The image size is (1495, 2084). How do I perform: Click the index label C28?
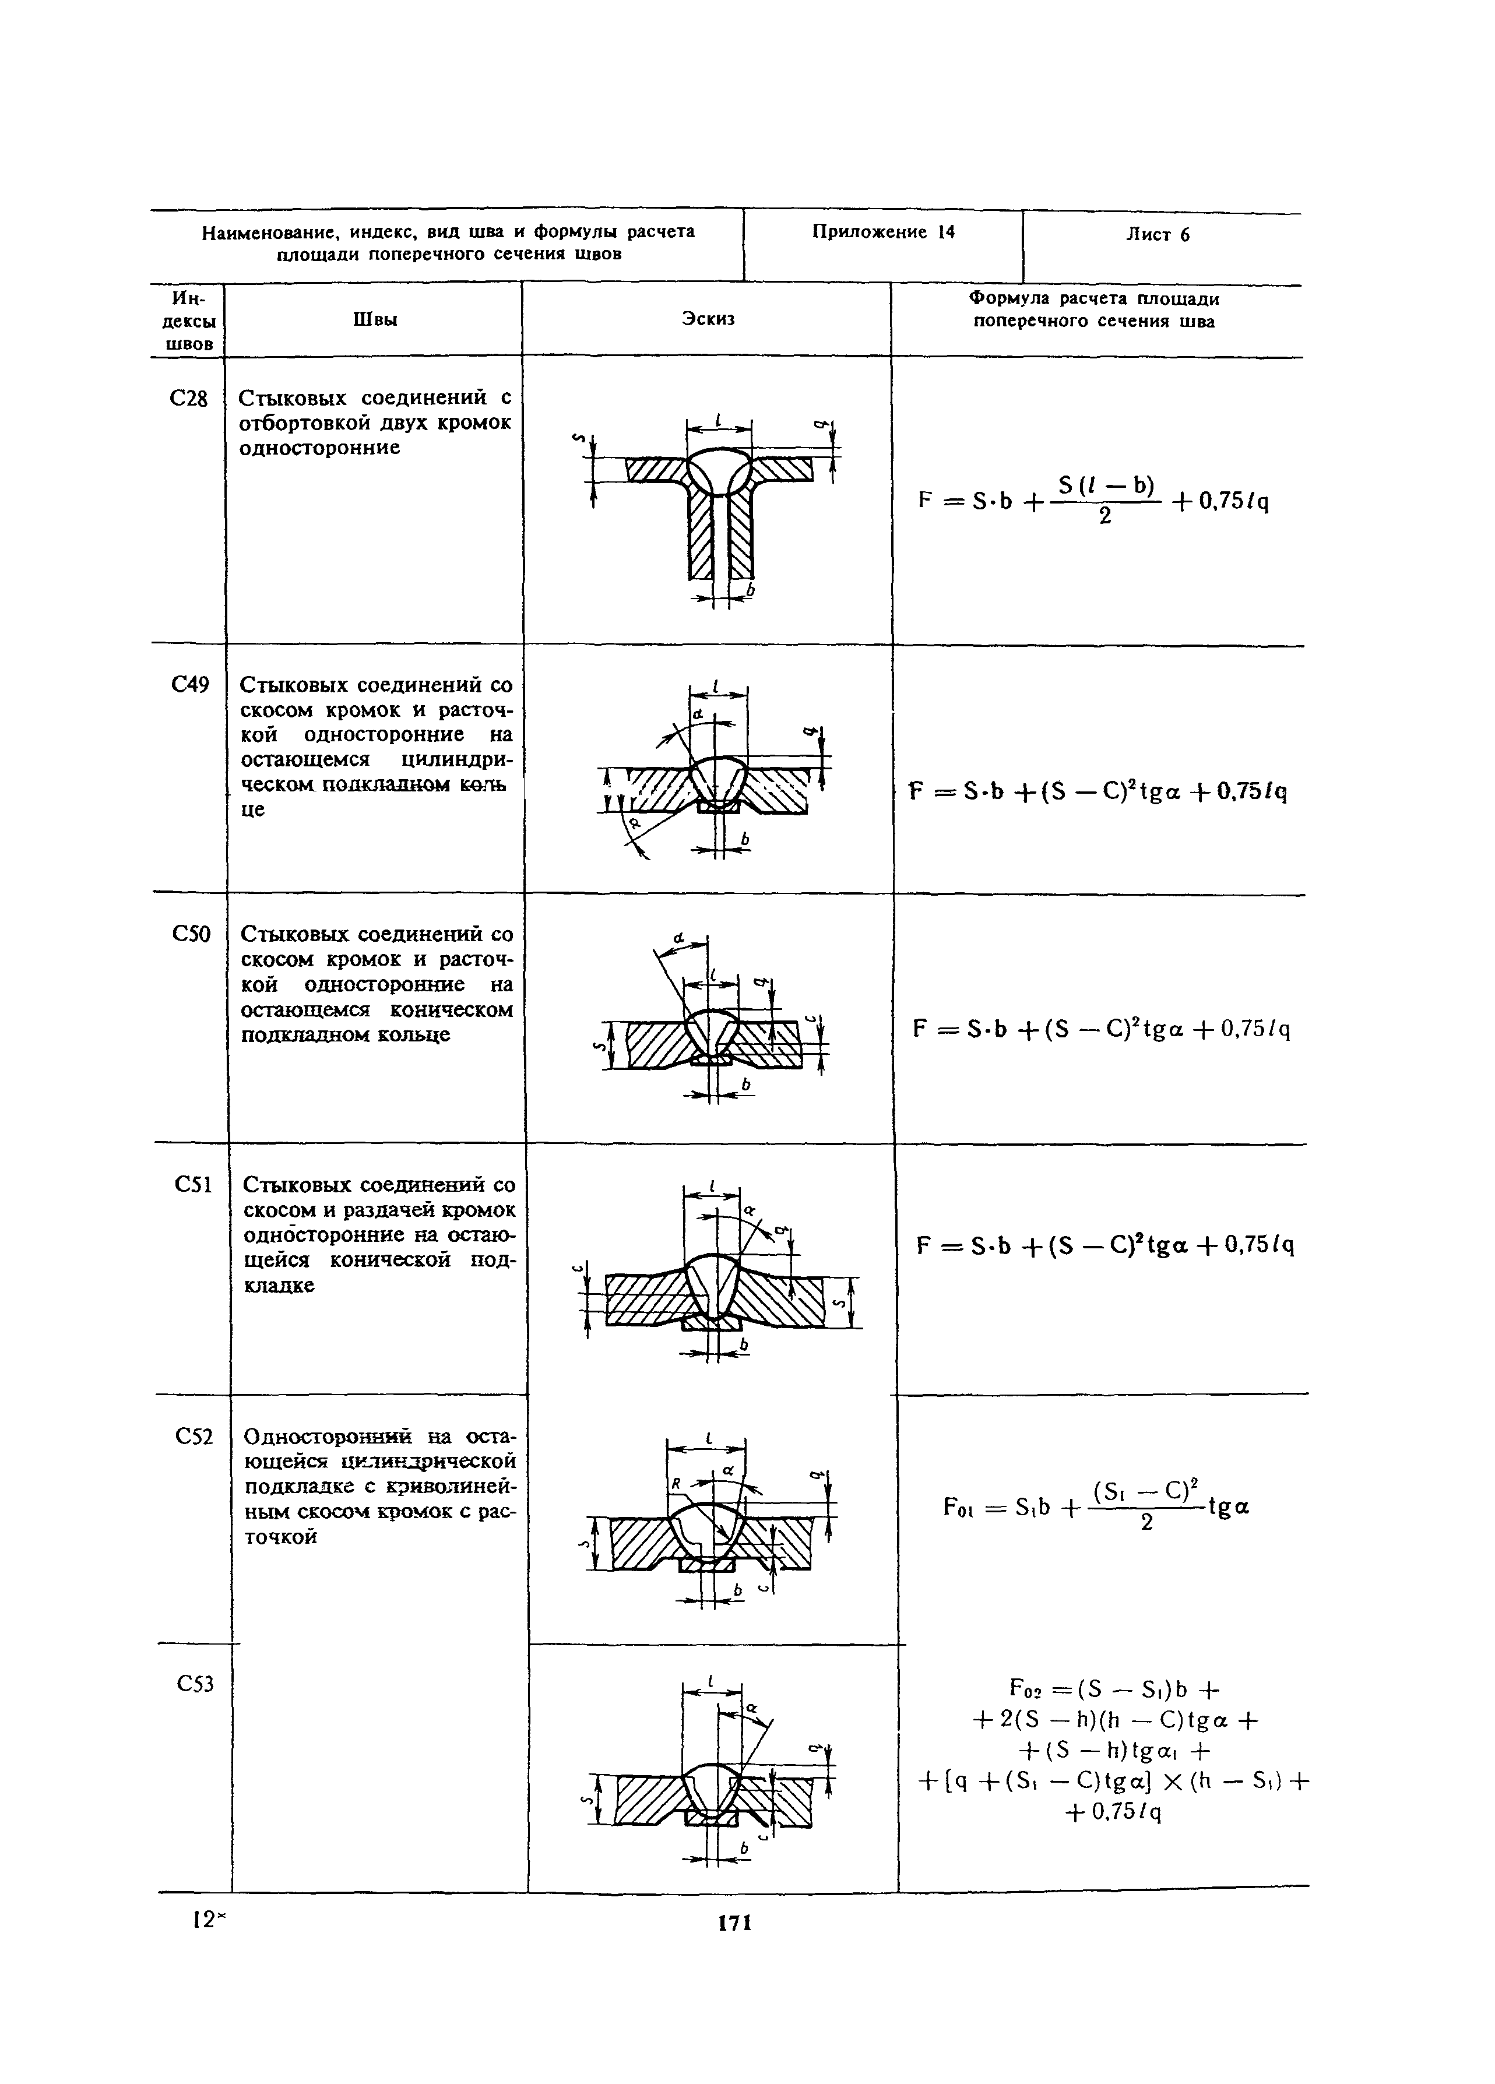coord(189,399)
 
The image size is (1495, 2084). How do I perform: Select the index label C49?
coord(190,685)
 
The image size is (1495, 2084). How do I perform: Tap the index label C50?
coord(191,934)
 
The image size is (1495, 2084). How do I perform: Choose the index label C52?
coord(194,1435)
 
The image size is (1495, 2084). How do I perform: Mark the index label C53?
coord(195,1684)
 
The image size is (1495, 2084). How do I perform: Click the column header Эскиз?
coord(708,319)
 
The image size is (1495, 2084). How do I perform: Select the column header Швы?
coord(375,319)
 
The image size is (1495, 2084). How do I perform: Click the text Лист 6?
coord(1158,234)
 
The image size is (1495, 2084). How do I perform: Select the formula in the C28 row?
coord(1093,499)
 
